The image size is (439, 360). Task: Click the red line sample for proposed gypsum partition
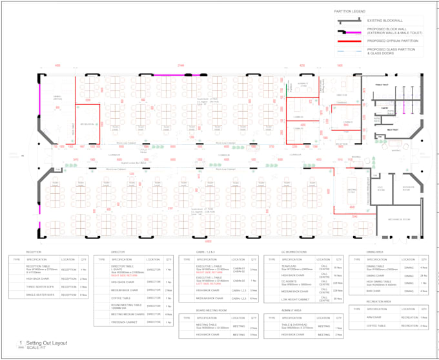point(349,40)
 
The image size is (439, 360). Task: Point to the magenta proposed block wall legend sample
point(349,30)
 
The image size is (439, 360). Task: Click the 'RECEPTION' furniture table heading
point(34,252)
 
